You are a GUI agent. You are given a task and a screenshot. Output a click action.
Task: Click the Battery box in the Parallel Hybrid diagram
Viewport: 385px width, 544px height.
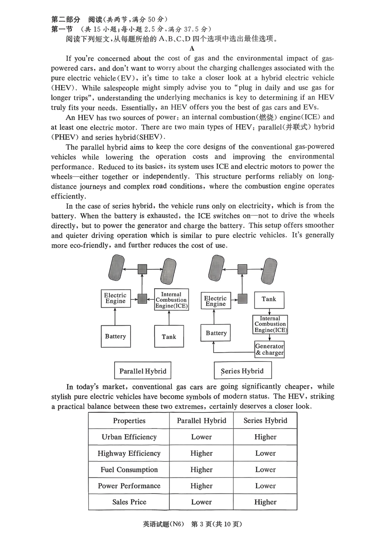(x=115, y=336)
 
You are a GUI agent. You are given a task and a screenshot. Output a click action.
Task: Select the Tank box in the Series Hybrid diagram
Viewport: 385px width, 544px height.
(x=269, y=300)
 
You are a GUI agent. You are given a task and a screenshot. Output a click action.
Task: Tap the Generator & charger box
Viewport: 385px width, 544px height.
(x=269, y=350)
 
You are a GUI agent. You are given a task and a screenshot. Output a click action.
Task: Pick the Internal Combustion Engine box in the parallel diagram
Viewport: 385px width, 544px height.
(x=171, y=300)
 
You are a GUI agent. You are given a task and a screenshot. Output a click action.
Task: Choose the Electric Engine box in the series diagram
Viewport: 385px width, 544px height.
(x=215, y=301)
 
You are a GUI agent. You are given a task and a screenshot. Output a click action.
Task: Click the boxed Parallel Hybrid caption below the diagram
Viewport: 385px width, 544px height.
(x=143, y=371)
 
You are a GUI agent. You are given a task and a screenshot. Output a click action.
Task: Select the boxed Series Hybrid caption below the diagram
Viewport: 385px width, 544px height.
(x=242, y=371)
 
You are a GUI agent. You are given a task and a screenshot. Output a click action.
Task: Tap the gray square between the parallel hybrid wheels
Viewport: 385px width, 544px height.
(x=142, y=269)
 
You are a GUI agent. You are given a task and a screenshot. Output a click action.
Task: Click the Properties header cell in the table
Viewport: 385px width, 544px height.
(x=129, y=421)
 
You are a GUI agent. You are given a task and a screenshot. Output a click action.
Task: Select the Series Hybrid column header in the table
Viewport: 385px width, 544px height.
(x=265, y=421)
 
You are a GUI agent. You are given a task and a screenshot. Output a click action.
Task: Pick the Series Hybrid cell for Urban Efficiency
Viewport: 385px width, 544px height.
(x=265, y=437)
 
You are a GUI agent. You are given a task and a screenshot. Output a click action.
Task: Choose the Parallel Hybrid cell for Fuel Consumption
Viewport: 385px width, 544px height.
(x=201, y=470)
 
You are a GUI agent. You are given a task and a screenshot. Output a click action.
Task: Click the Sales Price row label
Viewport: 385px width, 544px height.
(x=129, y=502)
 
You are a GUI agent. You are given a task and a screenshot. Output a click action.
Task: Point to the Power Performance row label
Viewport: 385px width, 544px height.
(x=129, y=486)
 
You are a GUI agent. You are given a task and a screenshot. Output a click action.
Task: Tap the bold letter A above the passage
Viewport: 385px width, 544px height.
(x=192, y=49)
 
